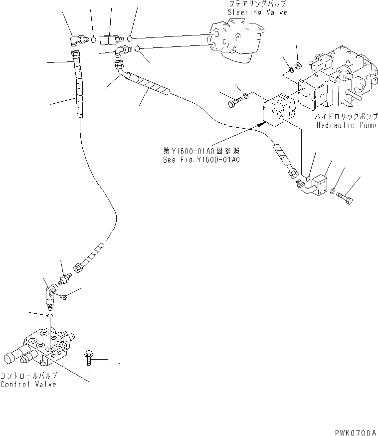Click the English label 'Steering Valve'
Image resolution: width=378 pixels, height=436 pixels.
(x=257, y=12)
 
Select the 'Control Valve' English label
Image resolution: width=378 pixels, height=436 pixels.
(x=28, y=384)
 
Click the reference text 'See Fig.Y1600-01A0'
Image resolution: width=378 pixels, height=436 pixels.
(x=201, y=160)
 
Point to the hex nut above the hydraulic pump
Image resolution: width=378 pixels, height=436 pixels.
(x=297, y=65)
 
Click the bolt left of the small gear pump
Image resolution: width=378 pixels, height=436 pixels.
(x=234, y=103)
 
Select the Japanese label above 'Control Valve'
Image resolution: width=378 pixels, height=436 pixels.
(x=28, y=376)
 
